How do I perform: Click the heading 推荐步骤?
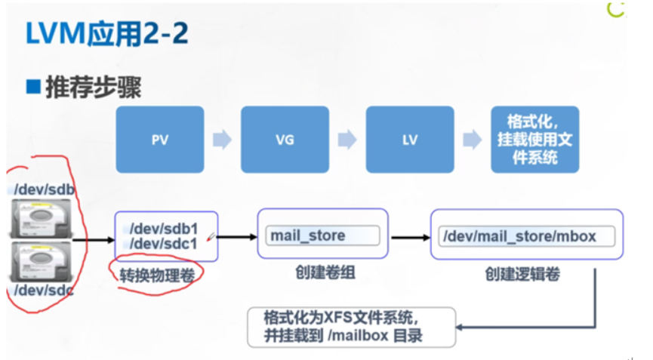tap(94, 88)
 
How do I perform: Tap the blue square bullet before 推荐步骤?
tap(33, 87)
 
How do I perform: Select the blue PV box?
tap(159, 140)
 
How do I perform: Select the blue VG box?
tap(285, 140)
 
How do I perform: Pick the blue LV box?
tap(410, 140)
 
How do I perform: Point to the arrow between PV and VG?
tap(223, 140)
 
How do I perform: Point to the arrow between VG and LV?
tap(347, 140)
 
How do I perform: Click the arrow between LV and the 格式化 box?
tap(473, 140)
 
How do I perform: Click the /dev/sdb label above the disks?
tap(45, 189)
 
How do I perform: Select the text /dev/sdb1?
tap(162, 228)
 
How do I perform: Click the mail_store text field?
tap(322, 235)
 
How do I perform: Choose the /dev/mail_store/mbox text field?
tap(526, 236)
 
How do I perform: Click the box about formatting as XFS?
tap(351, 327)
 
